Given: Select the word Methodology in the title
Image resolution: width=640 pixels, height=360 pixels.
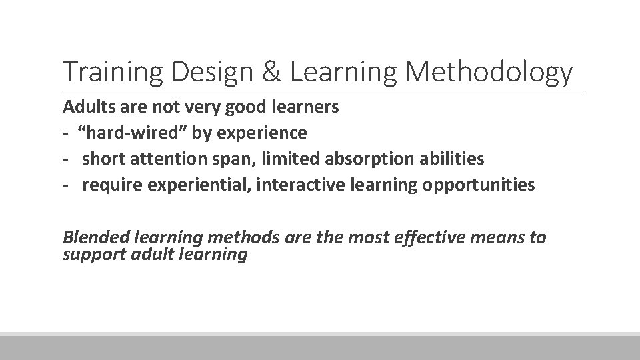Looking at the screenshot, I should (489, 73).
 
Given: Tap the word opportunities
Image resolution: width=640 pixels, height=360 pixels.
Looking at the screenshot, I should (478, 185).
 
